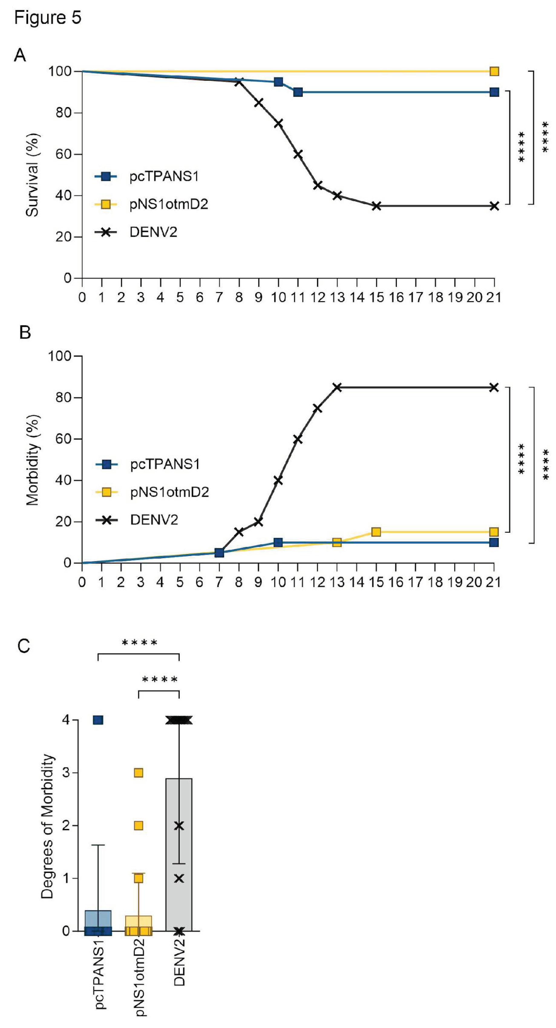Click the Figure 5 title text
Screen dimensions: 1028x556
47,18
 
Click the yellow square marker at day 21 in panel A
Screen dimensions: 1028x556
494,71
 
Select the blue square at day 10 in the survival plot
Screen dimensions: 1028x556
279,82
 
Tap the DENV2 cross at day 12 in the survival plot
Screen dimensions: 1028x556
318,185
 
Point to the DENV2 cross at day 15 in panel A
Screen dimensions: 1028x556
376,206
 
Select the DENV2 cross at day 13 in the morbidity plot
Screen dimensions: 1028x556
337,387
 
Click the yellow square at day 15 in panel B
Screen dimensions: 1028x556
376,532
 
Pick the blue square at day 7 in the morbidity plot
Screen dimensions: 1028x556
219,552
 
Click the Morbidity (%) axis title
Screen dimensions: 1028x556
32,460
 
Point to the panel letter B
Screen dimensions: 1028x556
25,332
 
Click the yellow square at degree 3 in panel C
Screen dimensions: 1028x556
139,773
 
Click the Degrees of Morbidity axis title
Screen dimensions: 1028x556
47,826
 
